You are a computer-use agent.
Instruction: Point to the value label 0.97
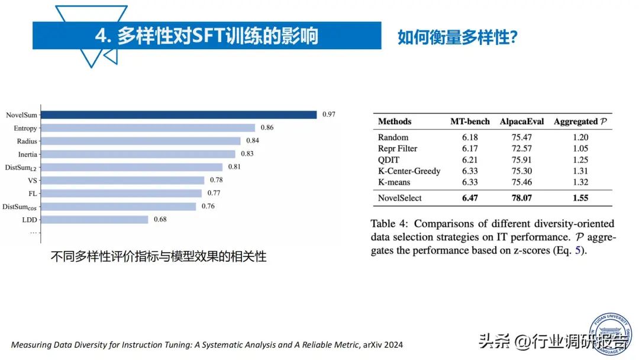[328, 114]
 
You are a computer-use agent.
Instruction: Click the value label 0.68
[160, 220]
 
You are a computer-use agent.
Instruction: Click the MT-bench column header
[470, 121]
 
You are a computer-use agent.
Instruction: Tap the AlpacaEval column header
[522, 121]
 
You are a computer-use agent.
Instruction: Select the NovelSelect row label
[400, 198]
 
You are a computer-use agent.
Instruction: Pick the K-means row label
[395, 182]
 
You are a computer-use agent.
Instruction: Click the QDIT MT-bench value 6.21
[470, 160]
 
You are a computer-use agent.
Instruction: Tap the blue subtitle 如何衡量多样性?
[458, 37]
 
